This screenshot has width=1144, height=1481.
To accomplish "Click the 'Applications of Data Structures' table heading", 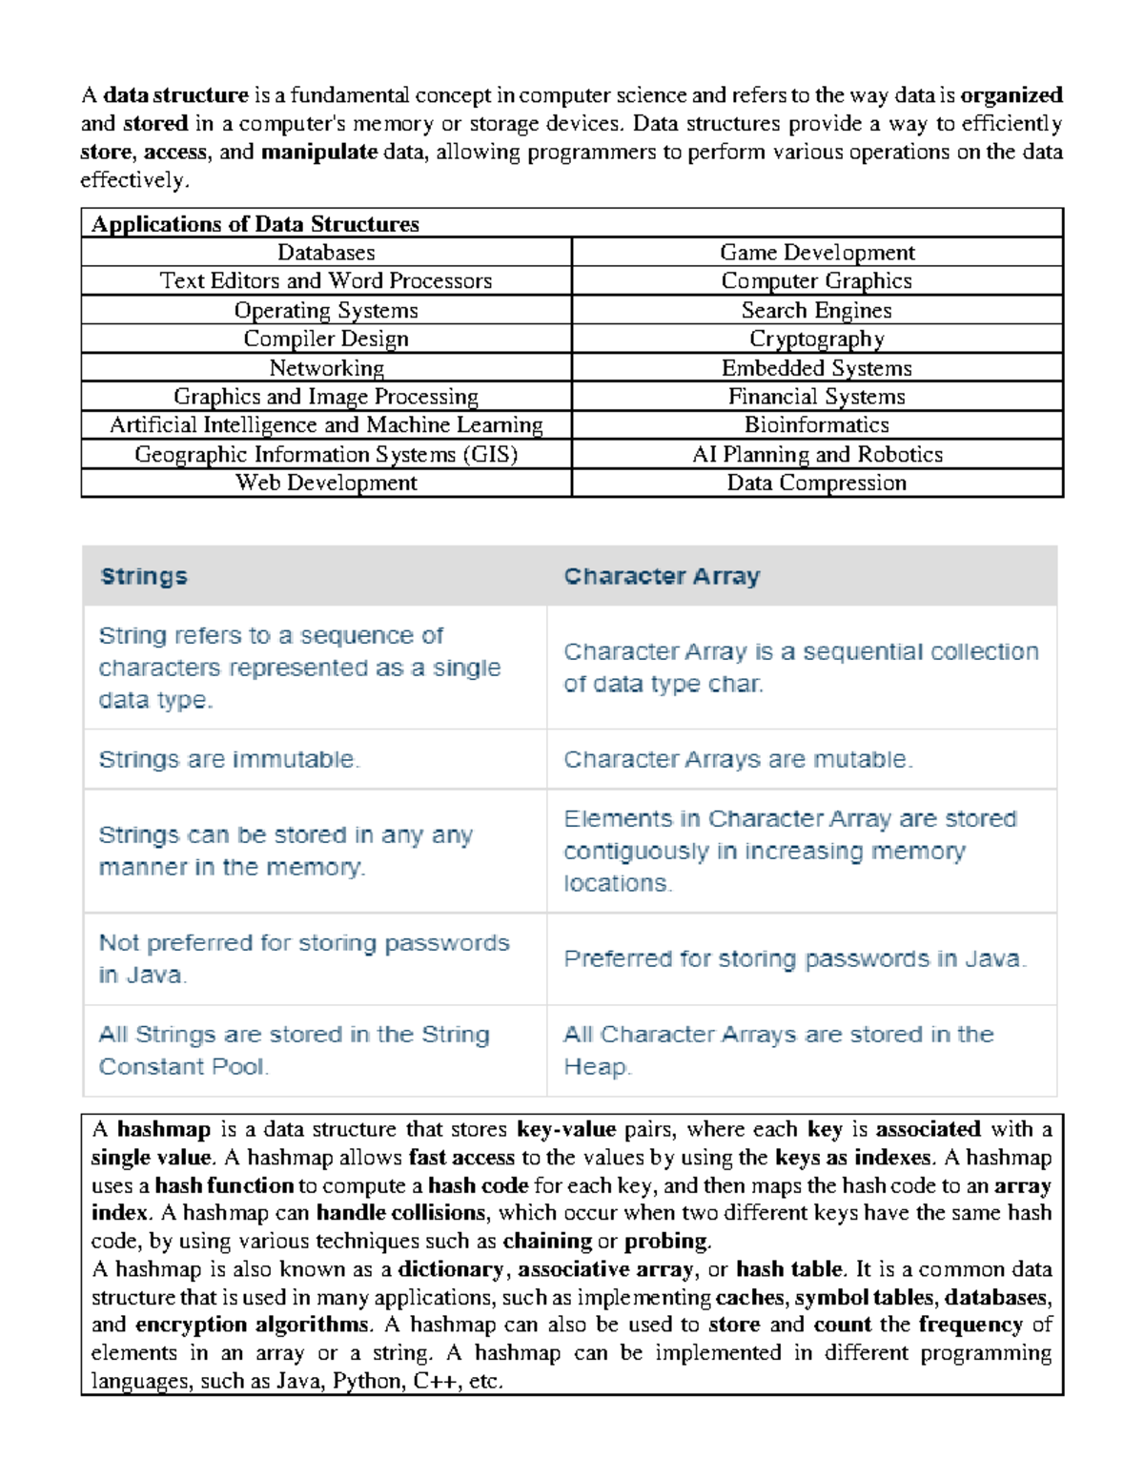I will [255, 224].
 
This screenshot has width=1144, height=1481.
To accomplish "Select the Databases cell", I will [326, 253].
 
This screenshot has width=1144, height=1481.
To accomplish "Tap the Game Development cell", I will [817, 253].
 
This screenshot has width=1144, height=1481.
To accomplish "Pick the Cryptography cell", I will [817, 339].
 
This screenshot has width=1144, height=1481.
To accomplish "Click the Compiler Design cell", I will [326, 339].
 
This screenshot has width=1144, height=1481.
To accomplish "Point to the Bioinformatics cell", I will [817, 425].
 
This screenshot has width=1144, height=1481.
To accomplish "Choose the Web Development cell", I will [326, 483].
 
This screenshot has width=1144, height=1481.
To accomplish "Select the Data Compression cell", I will [817, 483].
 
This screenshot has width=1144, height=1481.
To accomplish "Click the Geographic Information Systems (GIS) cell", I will [326, 454].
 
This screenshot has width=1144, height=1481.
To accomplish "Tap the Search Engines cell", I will [817, 310].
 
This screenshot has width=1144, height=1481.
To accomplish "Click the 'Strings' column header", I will [144, 576].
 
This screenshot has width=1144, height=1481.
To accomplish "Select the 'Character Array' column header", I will [662, 576].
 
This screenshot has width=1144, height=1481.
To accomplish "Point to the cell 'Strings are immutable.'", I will [229, 760].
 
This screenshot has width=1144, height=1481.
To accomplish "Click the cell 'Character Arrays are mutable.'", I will [738, 760].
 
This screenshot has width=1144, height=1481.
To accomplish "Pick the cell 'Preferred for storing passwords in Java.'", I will [795, 959].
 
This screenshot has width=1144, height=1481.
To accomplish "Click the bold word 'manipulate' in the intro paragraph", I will [319, 152].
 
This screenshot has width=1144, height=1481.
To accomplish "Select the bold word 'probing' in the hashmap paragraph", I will [666, 1241].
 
